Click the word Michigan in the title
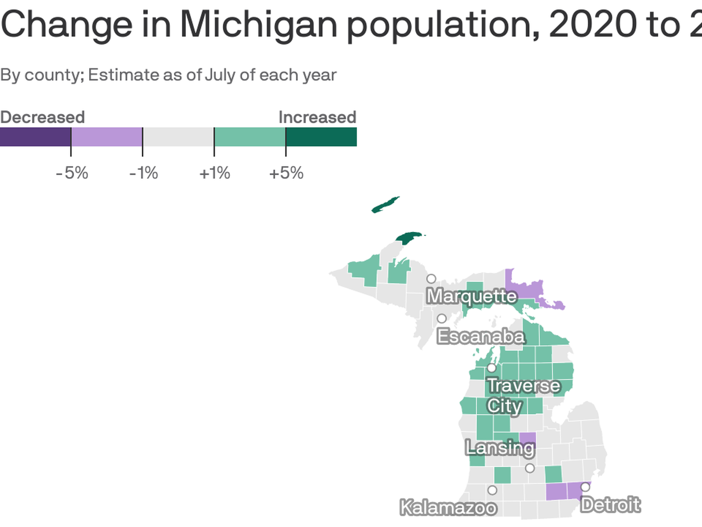259,25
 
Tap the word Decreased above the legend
42,117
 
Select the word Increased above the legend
317,117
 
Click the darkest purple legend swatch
35,137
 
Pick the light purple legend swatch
107,137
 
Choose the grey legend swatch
178,137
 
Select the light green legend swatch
250,137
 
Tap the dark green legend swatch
321,137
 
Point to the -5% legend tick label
72,173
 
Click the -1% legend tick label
143,173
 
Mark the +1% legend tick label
215,173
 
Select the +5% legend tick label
286,173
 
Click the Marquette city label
472,296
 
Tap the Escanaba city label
481,336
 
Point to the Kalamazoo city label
448,508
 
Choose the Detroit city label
610,505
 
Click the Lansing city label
500,448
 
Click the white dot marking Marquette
431,279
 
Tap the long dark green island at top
385,205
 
